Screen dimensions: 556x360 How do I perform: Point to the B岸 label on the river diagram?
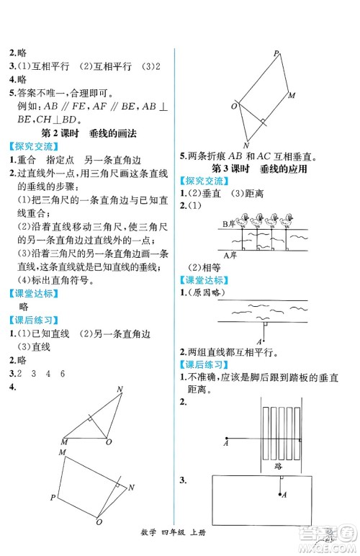(x=227, y=224)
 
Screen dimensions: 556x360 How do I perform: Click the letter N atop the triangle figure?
(x=120, y=390)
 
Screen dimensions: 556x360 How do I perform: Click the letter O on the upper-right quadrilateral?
(x=234, y=106)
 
